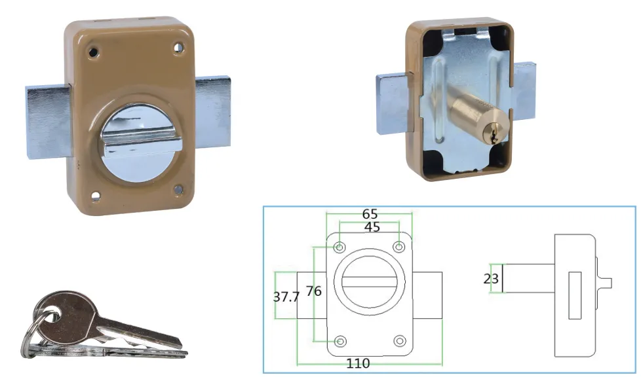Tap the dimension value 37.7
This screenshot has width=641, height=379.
click(286, 297)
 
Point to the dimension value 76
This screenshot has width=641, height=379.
click(314, 291)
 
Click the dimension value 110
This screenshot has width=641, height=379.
click(359, 363)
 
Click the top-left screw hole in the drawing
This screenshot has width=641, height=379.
click(340, 247)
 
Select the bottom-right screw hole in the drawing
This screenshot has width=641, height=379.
click(400, 341)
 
